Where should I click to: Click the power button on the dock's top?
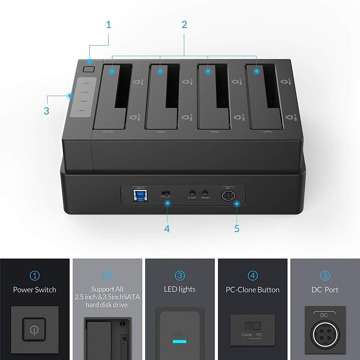pos(88,69)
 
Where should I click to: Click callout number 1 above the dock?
pos(109,25)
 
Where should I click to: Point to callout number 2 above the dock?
pos(184,25)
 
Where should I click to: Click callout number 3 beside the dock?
pos(46,111)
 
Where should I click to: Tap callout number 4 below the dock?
pos(167,229)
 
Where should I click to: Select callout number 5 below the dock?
pos(237,229)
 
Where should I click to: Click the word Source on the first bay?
pos(107,132)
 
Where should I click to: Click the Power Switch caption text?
pos(34,290)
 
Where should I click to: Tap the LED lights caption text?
pos(180,289)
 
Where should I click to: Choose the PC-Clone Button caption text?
pos(253,290)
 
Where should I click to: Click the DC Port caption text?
pos(325,290)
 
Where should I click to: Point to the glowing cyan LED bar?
pos(179,341)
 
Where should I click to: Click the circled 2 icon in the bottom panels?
pos(107,275)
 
